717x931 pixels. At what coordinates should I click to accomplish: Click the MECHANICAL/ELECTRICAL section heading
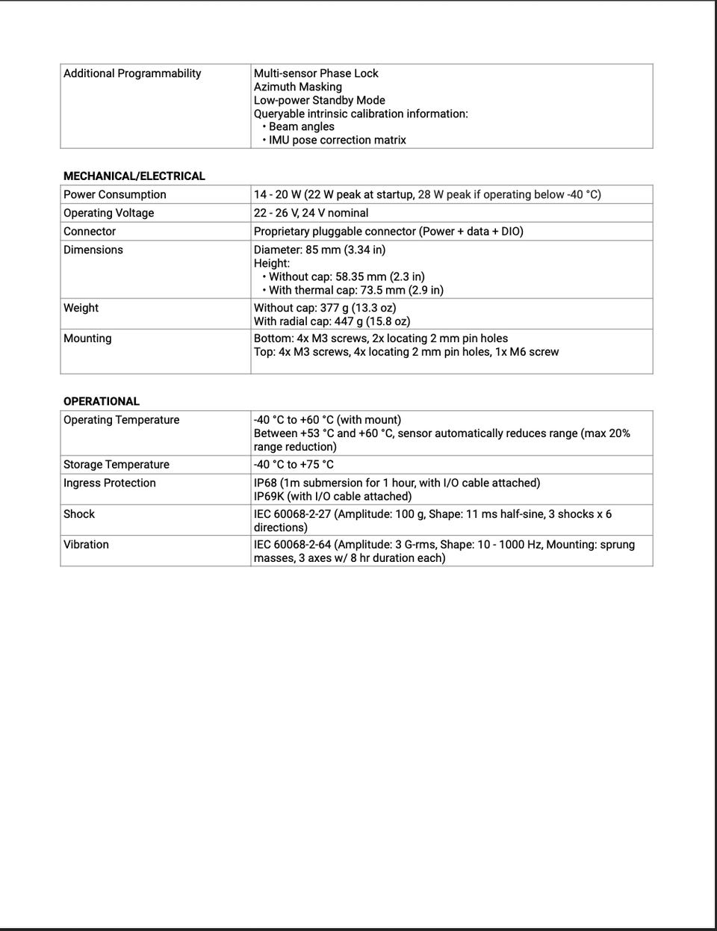[134, 176]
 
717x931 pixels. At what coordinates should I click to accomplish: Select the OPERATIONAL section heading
[101, 401]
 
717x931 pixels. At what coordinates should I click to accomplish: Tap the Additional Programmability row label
[132, 73]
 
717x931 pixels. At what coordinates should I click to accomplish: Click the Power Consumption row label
[114, 194]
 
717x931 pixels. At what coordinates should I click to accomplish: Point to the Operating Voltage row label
[108, 213]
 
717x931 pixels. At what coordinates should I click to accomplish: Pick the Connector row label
[90, 232]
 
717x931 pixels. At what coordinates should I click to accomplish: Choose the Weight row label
[81, 308]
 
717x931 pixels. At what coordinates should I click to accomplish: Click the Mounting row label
[87, 338]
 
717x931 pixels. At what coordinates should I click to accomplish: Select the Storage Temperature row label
[116, 465]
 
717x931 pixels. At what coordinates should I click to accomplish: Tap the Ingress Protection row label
[109, 483]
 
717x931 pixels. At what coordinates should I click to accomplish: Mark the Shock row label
[79, 514]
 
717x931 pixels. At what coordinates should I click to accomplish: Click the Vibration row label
[86, 545]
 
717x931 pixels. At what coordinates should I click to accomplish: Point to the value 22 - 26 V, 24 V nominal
[311, 213]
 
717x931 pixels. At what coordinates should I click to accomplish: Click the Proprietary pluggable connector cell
[388, 232]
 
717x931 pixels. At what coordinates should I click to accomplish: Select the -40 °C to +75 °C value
[294, 465]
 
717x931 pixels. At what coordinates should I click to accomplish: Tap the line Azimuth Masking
[297, 87]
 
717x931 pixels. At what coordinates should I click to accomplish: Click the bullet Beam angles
[301, 127]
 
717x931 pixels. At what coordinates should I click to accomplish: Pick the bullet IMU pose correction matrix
[337, 140]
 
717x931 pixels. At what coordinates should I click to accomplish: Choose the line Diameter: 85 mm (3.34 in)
[320, 250]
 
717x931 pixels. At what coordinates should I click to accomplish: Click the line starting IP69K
[332, 496]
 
